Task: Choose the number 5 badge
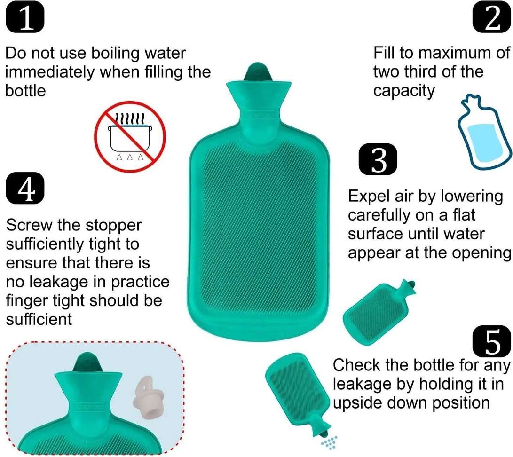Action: click(492, 342)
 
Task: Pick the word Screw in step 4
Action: click(29, 225)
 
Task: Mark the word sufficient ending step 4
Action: click(39, 319)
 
